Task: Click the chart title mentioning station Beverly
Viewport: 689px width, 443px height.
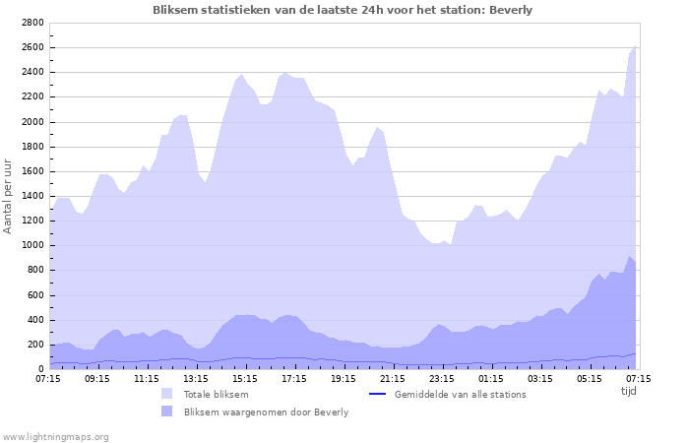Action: (x=343, y=10)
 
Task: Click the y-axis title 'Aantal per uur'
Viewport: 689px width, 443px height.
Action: (x=9, y=195)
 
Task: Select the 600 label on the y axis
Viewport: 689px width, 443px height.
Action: (x=34, y=295)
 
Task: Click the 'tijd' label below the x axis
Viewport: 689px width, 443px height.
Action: (x=629, y=391)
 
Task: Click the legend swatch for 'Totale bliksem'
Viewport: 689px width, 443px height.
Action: (x=166, y=394)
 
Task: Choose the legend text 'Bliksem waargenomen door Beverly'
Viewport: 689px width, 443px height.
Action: (x=266, y=411)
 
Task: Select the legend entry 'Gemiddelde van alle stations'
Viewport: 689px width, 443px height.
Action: (x=460, y=394)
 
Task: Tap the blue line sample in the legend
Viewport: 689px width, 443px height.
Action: (x=377, y=394)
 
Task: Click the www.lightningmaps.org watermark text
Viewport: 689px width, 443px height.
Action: (x=56, y=436)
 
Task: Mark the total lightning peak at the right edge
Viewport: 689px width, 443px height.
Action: (x=636, y=46)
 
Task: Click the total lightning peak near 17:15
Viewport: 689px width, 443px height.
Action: (x=285, y=72)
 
